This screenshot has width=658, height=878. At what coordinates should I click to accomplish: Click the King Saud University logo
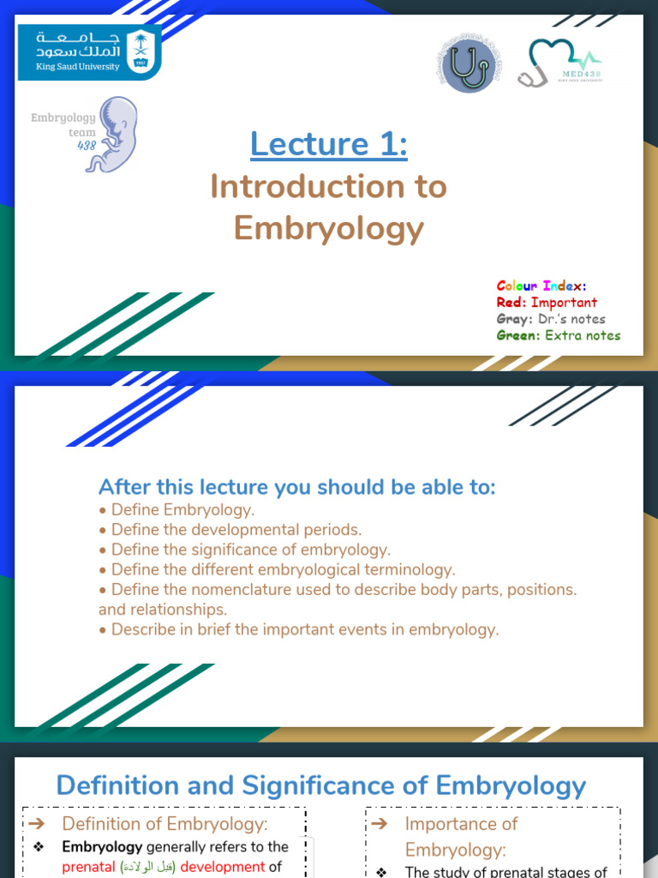click(x=89, y=52)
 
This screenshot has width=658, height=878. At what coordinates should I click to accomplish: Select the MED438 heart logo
click(x=560, y=63)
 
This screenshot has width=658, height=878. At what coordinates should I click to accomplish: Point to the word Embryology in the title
click(x=329, y=228)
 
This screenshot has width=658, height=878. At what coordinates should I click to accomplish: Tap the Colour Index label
click(x=541, y=286)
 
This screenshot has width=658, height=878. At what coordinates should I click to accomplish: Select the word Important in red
click(x=564, y=302)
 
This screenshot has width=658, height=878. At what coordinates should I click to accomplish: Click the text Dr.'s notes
click(x=571, y=318)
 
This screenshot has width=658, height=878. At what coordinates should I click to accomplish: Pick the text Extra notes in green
click(x=583, y=335)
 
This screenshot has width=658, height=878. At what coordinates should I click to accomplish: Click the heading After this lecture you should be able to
click(x=297, y=487)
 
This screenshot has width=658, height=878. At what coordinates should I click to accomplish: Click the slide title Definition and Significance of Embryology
click(x=321, y=785)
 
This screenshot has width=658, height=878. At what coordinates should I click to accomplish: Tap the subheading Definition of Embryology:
click(x=165, y=824)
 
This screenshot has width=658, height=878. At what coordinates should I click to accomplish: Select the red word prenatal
click(x=89, y=867)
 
